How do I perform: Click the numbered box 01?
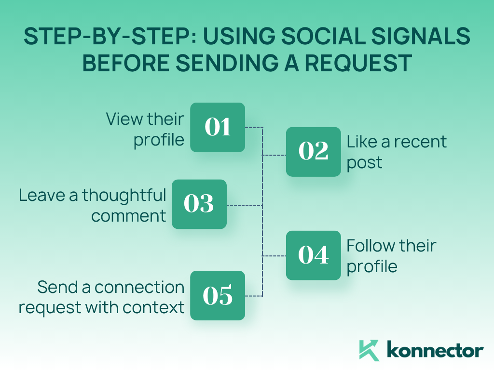(218, 127)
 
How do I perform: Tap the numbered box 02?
(314, 152)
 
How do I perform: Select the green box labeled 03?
(199, 204)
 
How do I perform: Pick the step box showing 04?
(314, 255)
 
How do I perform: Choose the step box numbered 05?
(218, 295)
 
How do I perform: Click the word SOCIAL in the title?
(323, 36)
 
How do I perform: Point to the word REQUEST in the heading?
(358, 63)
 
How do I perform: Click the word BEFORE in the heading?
(126, 63)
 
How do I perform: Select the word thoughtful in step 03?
(124, 196)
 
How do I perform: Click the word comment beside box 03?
(128, 216)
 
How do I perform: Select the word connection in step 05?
(139, 287)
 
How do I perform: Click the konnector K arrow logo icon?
(369, 350)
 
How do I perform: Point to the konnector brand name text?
(435, 350)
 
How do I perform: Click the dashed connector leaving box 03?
(245, 205)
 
